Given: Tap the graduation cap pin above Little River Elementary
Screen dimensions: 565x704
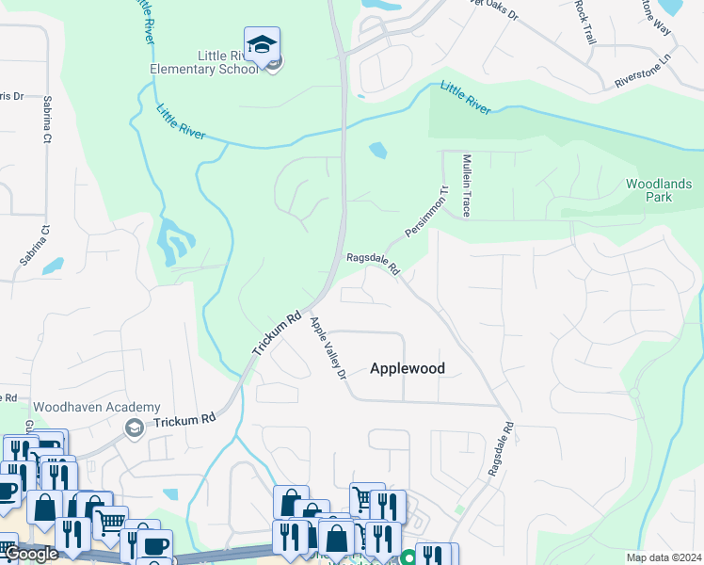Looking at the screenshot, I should coord(262,45).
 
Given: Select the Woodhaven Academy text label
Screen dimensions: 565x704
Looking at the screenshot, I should coord(79,407).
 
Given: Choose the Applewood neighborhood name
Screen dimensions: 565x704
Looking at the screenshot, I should coord(407,368).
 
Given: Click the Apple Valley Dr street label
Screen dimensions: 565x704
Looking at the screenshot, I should coord(329,347).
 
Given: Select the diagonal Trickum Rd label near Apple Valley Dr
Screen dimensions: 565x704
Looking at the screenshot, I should coord(276,332).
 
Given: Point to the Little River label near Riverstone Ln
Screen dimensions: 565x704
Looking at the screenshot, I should coord(465,99).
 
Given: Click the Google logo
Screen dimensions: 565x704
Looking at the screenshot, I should coord(31,554).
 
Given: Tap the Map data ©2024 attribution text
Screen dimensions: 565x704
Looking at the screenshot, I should coord(664,557).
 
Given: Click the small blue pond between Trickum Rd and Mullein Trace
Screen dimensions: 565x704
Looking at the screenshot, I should coord(377,150).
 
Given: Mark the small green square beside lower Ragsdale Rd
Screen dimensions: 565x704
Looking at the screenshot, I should coord(458,509).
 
